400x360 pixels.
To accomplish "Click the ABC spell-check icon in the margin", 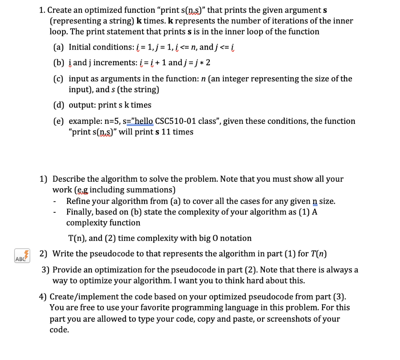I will pyautogui.click(x=20, y=255).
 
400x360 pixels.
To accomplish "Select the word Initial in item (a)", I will pyautogui.click(x=80, y=47).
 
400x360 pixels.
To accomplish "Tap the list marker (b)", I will pyautogui.click(x=59, y=63).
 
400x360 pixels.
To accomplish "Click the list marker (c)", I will pyautogui.click(x=59, y=79).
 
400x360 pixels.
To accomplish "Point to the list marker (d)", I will pyautogui.click(x=59, y=105).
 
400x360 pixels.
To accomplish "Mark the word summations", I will pyautogui.click(x=152, y=190).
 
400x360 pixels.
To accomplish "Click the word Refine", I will pyautogui.click(x=79, y=201).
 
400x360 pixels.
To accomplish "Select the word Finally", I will pyautogui.click(x=80, y=212).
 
